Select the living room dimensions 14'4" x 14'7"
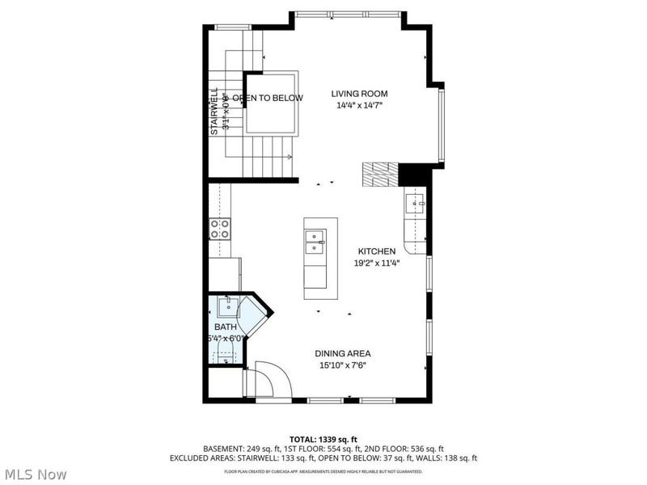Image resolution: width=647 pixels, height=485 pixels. point(360,105)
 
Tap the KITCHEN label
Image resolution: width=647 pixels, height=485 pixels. point(376,251)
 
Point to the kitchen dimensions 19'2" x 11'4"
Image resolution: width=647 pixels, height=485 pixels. point(377,263)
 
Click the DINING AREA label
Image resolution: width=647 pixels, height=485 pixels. point(345,353)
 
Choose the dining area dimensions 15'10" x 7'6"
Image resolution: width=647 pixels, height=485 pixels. point(345,365)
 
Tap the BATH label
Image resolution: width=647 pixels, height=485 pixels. point(226,327)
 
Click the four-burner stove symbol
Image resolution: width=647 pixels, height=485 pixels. point(220,229)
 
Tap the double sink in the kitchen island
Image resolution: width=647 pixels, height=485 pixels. point(315,242)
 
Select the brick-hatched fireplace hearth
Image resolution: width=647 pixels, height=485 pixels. point(380,173)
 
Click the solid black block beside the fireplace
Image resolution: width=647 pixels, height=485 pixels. point(413,174)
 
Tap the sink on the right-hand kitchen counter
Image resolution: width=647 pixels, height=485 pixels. point(417,205)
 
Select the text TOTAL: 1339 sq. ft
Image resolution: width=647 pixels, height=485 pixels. point(323,439)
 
